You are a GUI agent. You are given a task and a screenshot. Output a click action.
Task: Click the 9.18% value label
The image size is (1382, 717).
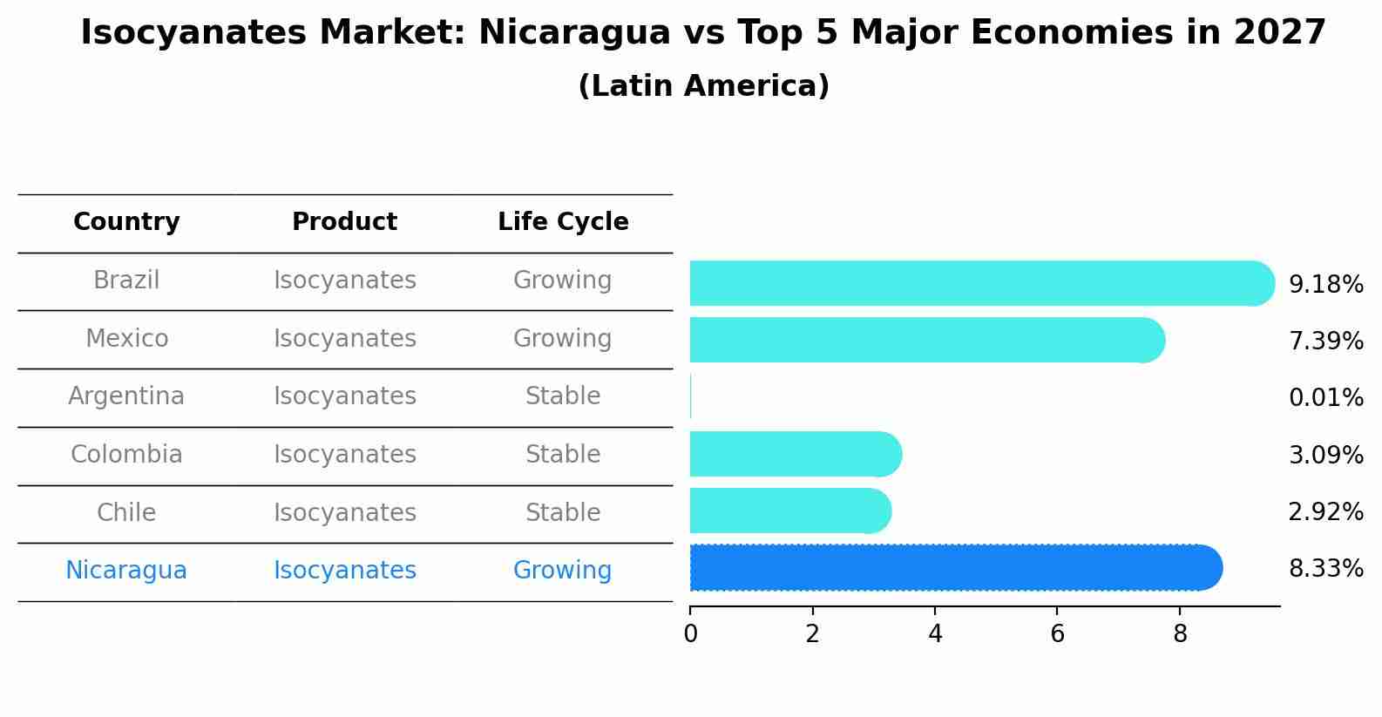click(1325, 285)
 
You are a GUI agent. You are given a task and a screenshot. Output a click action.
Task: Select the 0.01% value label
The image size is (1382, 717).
click(1325, 398)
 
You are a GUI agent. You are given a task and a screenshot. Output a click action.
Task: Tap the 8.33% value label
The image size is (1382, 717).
click(1325, 569)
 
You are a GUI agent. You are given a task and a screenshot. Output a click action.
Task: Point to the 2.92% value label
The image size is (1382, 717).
click(1325, 512)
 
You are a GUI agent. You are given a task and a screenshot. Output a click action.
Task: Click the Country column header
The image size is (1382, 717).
click(126, 222)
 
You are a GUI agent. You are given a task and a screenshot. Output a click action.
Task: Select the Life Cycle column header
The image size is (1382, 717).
click(563, 222)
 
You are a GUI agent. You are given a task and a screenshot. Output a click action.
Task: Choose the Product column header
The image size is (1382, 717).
click(344, 222)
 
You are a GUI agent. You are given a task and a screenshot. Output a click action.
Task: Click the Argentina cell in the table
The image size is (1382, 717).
click(126, 396)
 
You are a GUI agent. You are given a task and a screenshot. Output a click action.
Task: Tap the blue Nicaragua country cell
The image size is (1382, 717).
click(126, 571)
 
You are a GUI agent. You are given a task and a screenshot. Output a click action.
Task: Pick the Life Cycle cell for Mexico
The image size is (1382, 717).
click(562, 338)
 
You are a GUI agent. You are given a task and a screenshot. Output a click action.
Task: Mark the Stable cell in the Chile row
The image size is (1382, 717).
click(562, 512)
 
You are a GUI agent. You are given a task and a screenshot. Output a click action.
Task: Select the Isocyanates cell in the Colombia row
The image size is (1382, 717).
click(344, 455)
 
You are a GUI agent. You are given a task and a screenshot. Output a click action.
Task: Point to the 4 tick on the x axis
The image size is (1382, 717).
click(935, 633)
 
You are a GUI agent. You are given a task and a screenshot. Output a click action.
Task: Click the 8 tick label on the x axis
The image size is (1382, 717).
click(1180, 633)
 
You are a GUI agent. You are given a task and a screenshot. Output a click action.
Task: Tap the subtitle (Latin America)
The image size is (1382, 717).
click(703, 86)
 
